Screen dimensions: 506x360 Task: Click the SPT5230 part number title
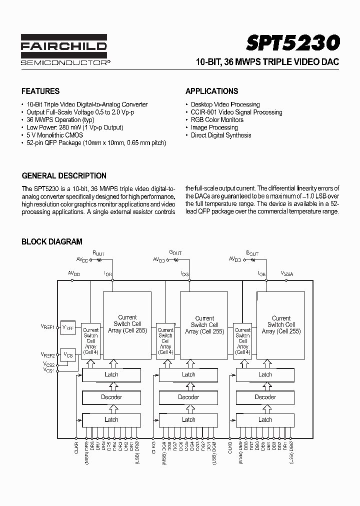(293, 43)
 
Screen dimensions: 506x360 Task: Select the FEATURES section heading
(40, 91)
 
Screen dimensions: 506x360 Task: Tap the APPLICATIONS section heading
(211, 91)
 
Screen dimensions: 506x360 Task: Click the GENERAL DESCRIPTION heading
(64, 176)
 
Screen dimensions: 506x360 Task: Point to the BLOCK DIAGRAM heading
(52, 241)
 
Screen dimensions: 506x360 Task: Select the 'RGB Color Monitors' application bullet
(217, 120)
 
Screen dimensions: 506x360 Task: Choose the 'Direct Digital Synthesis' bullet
(221, 135)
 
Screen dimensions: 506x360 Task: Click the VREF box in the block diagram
(67, 327)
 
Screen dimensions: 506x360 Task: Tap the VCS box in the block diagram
(67, 354)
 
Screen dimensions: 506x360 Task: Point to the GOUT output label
(175, 253)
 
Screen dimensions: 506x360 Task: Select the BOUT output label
(252, 253)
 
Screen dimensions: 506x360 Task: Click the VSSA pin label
(287, 273)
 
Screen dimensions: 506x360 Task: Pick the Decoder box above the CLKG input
(188, 397)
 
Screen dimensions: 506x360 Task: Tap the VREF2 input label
(48, 354)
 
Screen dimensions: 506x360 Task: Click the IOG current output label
(184, 274)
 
